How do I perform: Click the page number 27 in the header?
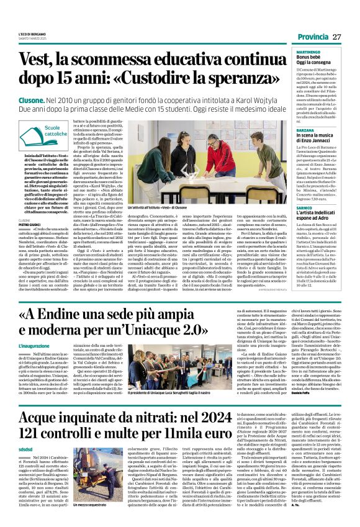pyautogui.click(x=337, y=37)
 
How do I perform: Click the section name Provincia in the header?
pyautogui.click(x=313, y=37)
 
